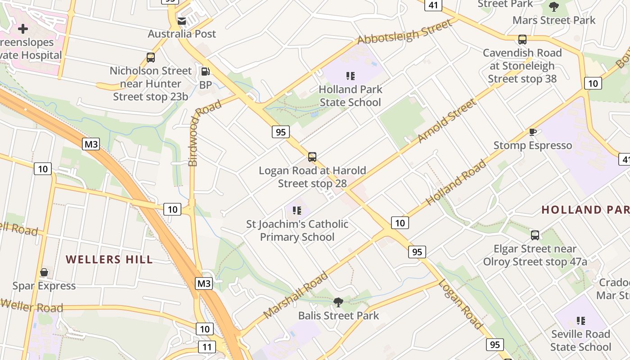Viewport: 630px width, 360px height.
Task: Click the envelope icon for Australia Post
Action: pyautogui.click(x=182, y=21)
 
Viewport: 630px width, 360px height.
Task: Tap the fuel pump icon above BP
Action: pyautogui.click(x=205, y=72)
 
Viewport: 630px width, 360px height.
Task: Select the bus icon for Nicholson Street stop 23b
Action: pyautogui.click(x=151, y=58)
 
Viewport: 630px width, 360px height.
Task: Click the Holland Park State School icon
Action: pyautogui.click(x=350, y=76)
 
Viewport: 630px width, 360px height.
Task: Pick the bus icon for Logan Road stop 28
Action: pyautogui.click(x=312, y=157)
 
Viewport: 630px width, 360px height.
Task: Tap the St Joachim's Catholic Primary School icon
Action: pyautogui.click(x=297, y=211)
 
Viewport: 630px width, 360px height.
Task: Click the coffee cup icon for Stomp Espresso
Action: pyautogui.click(x=533, y=132)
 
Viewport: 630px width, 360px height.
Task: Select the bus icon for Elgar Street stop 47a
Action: pyautogui.click(x=535, y=235)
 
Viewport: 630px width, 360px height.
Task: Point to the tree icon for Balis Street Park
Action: pyautogui.click(x=338, y=302)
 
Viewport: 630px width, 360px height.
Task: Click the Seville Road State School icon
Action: pyautogui.click(x=580, y=321)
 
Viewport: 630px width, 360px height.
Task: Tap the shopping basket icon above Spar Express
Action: pyautogui.click(x=44, y=273)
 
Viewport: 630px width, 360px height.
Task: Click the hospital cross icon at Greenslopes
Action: pyautogui.click(x=22, y=29)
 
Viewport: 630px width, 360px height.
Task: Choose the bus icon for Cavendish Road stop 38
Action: pyautogui.click(x=522, y=40)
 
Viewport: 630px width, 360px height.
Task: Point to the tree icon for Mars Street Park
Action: pyautogui.click(x=554, y=7)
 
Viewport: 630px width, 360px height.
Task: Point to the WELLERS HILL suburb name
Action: pyautogui.click(x=109, y=260)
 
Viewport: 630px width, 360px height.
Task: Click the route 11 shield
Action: pyautogui.click(x=207, y=347)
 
